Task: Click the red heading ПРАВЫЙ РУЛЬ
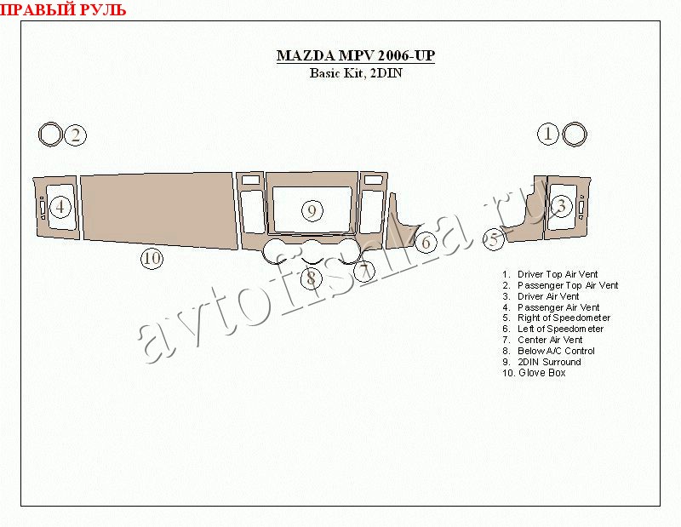tap(63, 9)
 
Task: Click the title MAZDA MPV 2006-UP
tap(356, 56)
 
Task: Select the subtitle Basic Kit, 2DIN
tap(356, 73)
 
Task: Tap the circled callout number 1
tap(548, 134)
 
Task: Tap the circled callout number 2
tap(76, 135)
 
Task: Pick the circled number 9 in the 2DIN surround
tap(312, 211)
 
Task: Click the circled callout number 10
tap(152, 259)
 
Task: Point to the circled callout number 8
tap(312, 278)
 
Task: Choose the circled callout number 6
tap(426, 243)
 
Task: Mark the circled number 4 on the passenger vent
tap(60, 207)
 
